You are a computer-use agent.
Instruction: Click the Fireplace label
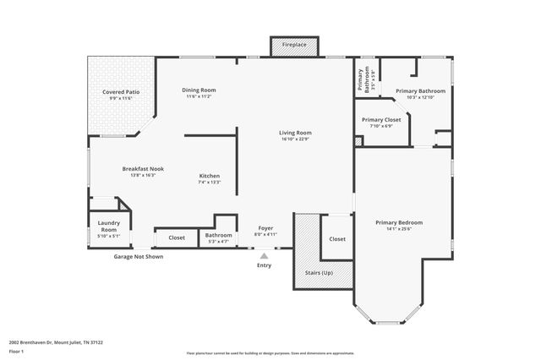tap(294, 44)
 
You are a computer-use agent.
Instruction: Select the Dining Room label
tap(199, 90)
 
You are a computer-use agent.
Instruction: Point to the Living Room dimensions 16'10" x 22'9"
tap(296, 139)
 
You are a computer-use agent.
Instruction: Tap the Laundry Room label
tap(108, 226)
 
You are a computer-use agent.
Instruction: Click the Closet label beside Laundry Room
tap(177, 238)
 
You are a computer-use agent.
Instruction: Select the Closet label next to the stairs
tap(337, 239)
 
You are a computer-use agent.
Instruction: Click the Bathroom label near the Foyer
tap(218, 235)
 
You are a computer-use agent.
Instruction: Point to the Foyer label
tap(265, 229)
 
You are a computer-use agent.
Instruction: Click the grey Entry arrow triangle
tap(264, 255)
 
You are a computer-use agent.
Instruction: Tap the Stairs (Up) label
tap(319, 273)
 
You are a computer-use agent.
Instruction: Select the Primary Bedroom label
tap(399, 222)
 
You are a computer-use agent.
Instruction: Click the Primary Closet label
tap(381, 120)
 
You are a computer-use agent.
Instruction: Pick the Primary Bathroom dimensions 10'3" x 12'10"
tap(420, 97)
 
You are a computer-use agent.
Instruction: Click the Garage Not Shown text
tap(139, 256)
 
